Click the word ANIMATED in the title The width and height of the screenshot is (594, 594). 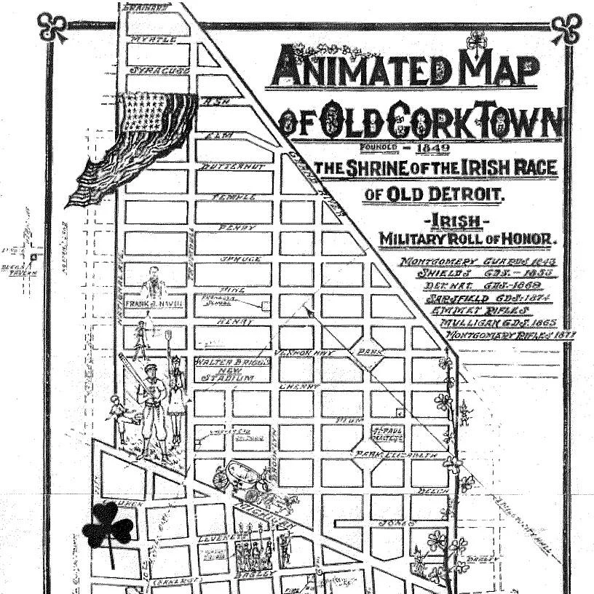(354, 69)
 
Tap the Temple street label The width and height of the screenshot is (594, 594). (234, 197)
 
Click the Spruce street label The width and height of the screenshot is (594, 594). (238, 259)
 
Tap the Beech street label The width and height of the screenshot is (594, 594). (432, 492)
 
